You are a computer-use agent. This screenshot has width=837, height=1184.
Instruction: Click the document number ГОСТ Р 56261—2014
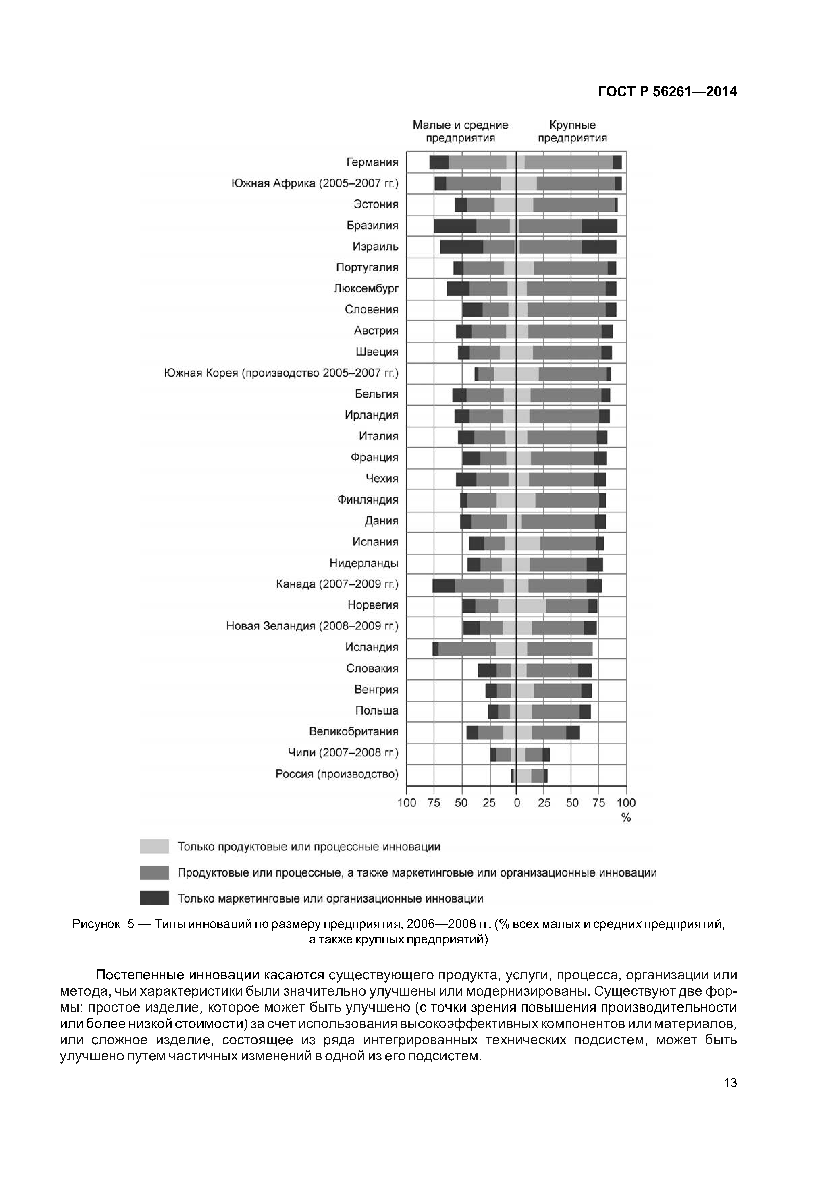pos(667,92)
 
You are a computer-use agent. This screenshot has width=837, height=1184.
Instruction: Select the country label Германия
pos(372,162)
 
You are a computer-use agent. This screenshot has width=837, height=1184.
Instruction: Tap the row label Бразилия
pos(372,226)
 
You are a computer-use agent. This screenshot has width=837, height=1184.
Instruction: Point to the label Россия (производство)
pos(337,774)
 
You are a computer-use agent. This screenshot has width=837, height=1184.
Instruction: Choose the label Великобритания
pos(353,732)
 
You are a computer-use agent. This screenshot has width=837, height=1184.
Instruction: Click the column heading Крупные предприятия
pos(572,132)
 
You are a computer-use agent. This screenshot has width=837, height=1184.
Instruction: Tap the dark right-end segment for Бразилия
pos(599,226)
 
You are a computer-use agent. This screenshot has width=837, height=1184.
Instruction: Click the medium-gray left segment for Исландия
pos(467,649)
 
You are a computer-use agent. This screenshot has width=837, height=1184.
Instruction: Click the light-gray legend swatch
pos(154,846)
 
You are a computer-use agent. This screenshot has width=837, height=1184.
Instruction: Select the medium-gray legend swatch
pos(154,872)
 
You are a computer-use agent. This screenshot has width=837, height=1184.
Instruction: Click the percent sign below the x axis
pos(626,818)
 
